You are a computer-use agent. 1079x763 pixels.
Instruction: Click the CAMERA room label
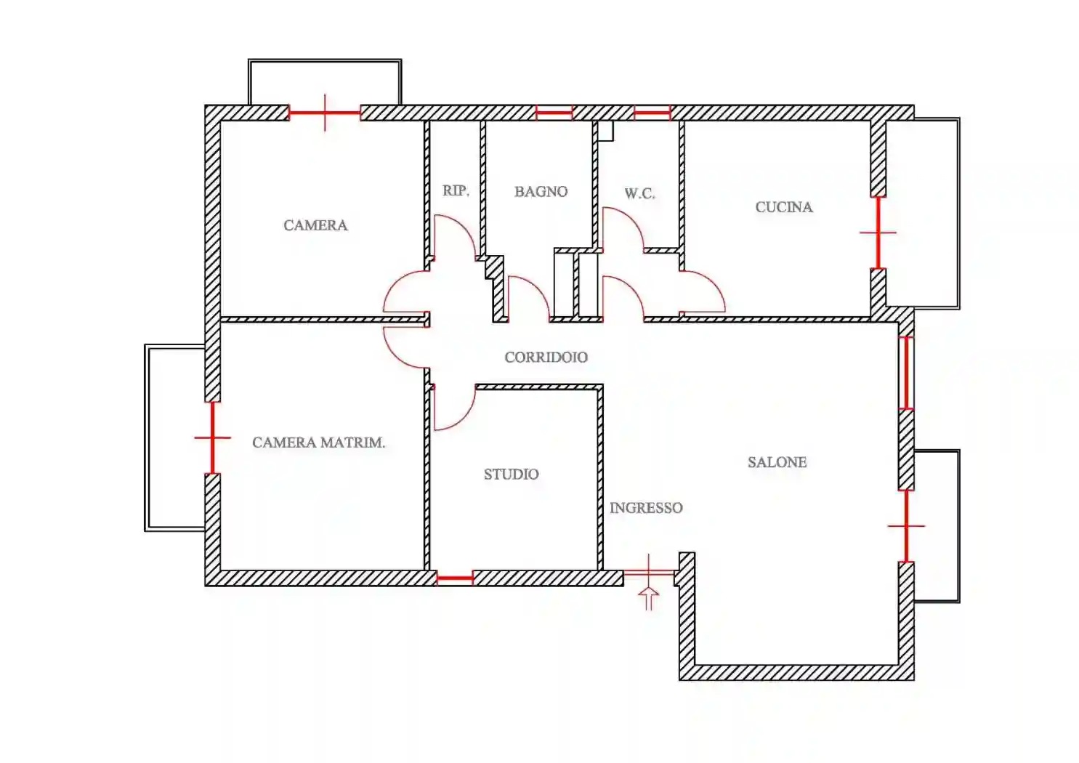tap(315, 225)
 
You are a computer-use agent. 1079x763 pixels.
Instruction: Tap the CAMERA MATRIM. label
tap(318, 443)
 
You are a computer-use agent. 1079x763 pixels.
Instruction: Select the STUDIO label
tap(511, 474)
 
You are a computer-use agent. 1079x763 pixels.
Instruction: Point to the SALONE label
tap(777, 462)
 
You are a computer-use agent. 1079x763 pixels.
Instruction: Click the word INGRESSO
tap(646, 508)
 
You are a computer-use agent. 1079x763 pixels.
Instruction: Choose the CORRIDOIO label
tap(546, 357)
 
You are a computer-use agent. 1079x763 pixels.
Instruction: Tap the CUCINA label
tap(784, 206)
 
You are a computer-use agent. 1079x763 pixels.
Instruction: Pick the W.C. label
tap(639, 193)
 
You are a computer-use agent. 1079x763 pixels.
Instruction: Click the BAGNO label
tap(541, 191)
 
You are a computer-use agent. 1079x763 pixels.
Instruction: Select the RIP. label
tap(456, 190)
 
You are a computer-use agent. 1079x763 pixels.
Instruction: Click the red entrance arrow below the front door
tap(648, 598)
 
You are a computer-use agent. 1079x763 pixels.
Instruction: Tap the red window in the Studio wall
tap(455, 578)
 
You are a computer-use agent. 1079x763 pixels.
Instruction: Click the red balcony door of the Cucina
tap(878, 233)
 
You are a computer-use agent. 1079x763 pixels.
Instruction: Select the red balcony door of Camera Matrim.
tap(212, 438)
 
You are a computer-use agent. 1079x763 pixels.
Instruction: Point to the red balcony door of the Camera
tap(325, 113)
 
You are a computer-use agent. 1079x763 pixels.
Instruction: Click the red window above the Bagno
tap(554, 113)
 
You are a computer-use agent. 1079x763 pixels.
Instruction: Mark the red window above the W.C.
tap(652, 113)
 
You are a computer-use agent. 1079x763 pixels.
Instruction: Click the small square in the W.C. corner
tap(605, 131)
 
